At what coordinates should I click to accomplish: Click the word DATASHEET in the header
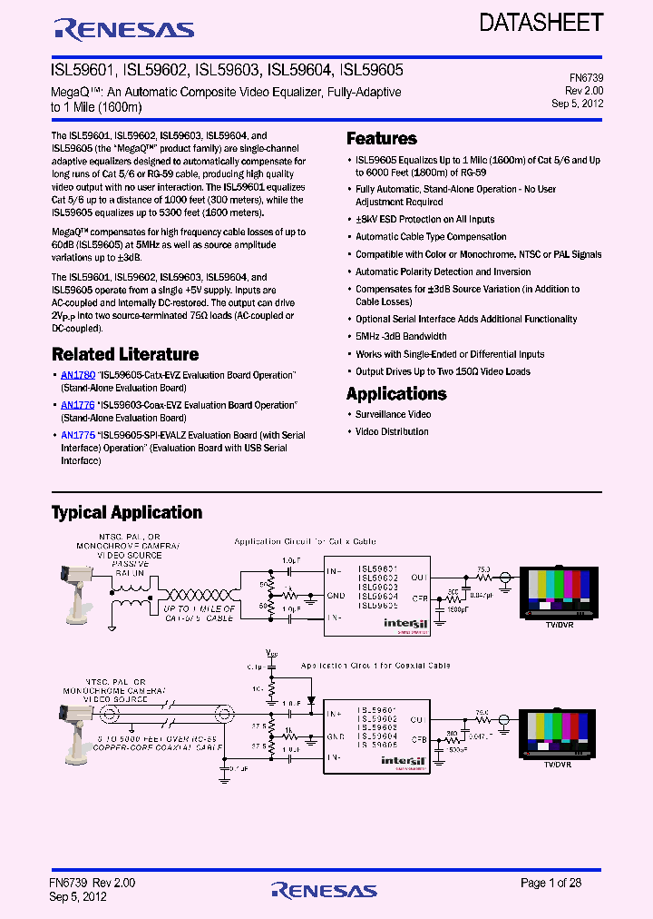click(541, 22)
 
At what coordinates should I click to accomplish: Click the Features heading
click(382, 139)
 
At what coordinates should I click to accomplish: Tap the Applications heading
click(396, 394)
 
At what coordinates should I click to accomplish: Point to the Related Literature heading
click(125, 355)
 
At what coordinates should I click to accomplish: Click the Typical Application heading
click(127, 513)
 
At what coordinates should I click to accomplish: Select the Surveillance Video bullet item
click(393, 414)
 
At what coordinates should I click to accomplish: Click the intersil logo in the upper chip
click(399, 623)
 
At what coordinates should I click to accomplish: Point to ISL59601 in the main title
click(81, 70)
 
